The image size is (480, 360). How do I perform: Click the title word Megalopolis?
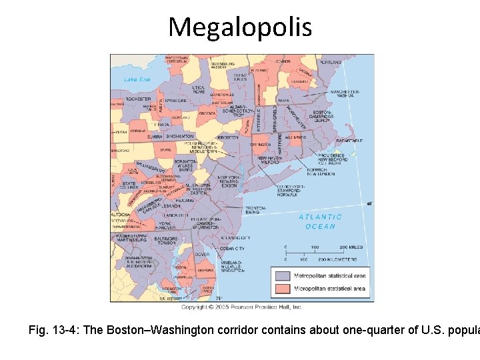(x=239, y=27)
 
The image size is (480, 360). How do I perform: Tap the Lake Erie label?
(x=137, y=80)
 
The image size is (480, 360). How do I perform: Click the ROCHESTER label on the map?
(x=138, y=99)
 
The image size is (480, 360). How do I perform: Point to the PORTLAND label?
(x=331, y=62)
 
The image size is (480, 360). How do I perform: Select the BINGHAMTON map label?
(x=180, y=136)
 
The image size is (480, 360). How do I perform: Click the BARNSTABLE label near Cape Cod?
(x=349, y=141)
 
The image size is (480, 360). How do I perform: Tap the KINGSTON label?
(x=227, y=137)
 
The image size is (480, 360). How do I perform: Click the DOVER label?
(x=203, y=254)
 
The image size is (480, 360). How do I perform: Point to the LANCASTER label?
(x=177, y=215)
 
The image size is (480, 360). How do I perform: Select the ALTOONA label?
(x=121, y=215)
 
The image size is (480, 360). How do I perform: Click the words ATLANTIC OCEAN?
(x=320, y=221)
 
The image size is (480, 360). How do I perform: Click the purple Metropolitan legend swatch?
(x=282, y=275)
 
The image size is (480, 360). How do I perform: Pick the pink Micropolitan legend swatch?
(x=282, y=289)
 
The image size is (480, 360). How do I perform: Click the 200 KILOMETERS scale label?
(x=337, y=259)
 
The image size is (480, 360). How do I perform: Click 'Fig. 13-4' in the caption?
(x=51, y=330)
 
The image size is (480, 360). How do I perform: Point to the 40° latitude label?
(x=369, y=203)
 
